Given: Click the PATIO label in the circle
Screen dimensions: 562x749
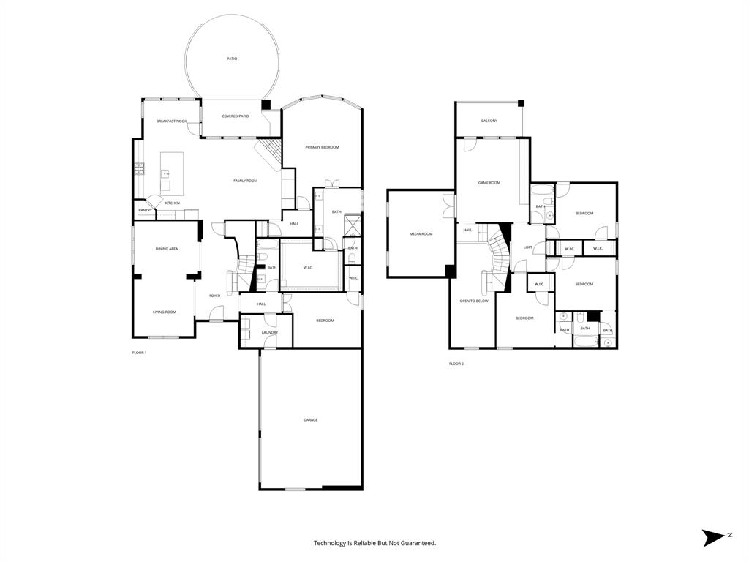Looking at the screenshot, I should pyautogui.click(x=232, y=59).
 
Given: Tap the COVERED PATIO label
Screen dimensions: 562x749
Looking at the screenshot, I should pyautogui.click(x=236, y=116).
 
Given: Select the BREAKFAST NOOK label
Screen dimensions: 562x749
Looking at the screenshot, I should pyautogui.click(x=171, y=121).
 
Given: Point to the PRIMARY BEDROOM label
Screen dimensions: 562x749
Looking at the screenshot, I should pyautogui.click(x=322, y=147).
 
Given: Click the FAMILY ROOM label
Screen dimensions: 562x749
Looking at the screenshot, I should pyautogui.click(x=245, y=181).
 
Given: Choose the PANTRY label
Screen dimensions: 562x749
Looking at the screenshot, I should pyautogui.click(x=145, y=211).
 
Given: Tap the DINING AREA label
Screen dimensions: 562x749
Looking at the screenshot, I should pyautogui.click(x=167, y=249).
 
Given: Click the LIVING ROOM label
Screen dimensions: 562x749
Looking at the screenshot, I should pyautogui.click(x=164, y=312).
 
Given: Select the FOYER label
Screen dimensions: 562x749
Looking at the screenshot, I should pyautogui.click(x=215, y=296).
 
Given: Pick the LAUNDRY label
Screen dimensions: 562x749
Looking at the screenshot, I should pyautogui.click(x=269, y=333).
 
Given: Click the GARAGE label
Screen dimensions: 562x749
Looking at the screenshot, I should pyautogui.click(x=311, y=419).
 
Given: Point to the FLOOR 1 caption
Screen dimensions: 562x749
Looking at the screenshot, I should pyautogui.click(x=139, y=353).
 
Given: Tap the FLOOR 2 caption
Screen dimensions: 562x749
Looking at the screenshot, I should pyautogui.click(x=456, y=364).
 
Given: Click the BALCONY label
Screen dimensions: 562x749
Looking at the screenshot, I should pyautogui.click(x=489, y=121).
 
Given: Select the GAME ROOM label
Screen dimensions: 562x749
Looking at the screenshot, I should pyautogui.click(x=489, y=182).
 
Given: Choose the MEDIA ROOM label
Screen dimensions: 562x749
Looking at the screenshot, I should pyautogui.click(x=421, y=233).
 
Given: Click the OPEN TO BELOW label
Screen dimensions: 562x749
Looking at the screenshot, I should pyautogui.click(x=473, y=301).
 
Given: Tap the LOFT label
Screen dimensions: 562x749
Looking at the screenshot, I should pyautogui.click(x=527, y=247).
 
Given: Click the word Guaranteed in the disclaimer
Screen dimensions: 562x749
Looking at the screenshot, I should pyautogui.click(x=415, y=543).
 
